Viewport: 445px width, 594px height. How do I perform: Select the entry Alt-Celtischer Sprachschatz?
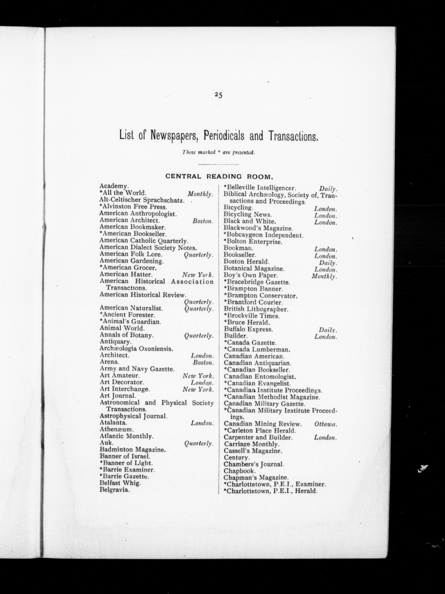click(142, 200)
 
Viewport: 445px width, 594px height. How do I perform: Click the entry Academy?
click(114, 186)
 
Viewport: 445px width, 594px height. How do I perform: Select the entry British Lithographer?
click(256, 309)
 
